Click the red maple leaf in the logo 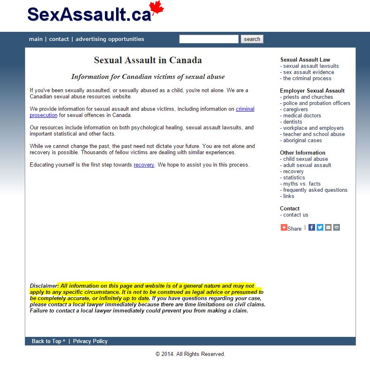pos(157,10)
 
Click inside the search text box pos(209,39)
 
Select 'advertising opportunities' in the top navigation pos(110,39)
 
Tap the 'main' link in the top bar pos(36,39)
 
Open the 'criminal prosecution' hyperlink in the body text pos(245,109)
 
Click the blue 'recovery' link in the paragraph pos(144,165)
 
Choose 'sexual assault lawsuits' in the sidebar pos(311,66)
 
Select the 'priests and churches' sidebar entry pos(308,97)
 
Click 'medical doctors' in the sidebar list pos(302,116)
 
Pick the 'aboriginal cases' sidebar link pos(302,141)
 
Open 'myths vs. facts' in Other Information pos(302,184)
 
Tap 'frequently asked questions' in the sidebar pos(315,190)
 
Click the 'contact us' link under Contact pos(296,215)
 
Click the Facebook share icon pos(312,227)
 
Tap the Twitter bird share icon pos(320,227)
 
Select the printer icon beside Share pos(337,227)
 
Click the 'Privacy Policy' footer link pos(90,341)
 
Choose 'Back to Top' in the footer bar pos(48,341)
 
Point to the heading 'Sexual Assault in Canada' pos(148,60)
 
